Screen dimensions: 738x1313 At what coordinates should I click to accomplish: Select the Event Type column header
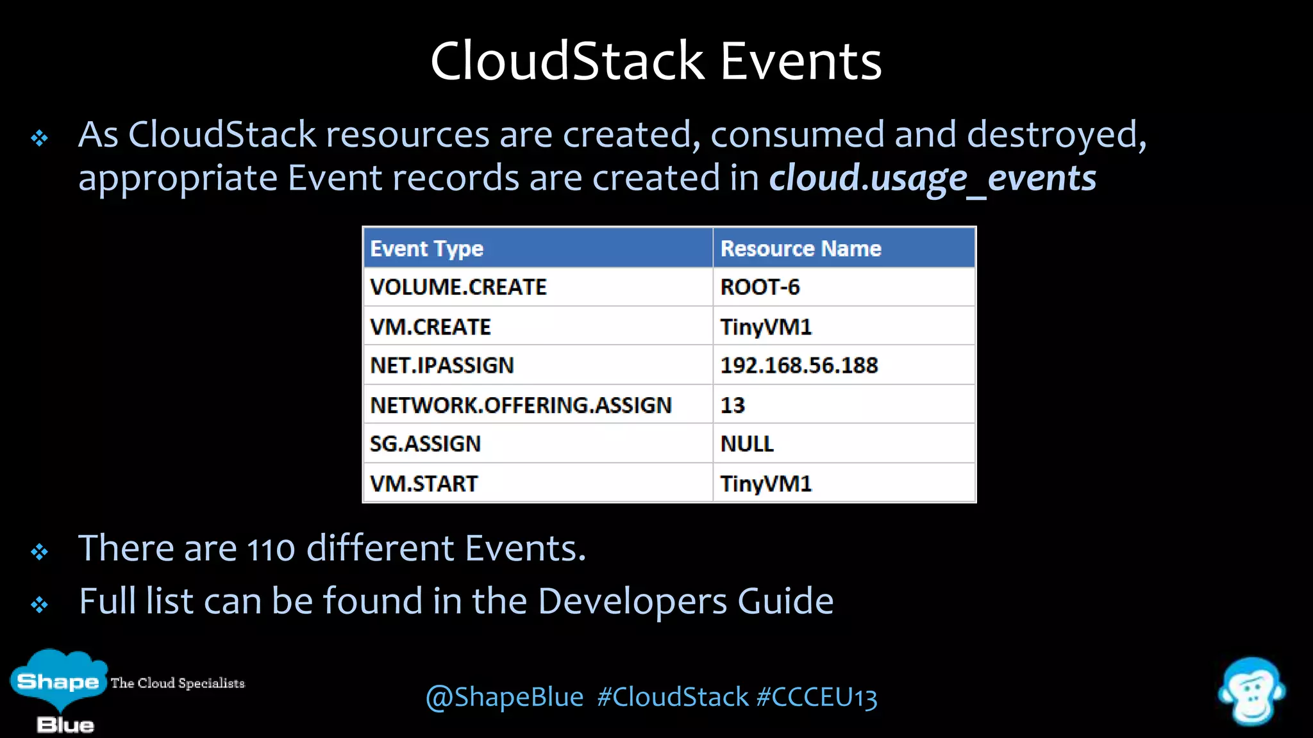427,249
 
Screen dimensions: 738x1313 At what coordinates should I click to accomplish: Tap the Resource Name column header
801,249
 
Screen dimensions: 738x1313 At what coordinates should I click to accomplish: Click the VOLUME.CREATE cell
458,287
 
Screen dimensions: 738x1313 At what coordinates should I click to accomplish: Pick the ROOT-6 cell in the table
760,287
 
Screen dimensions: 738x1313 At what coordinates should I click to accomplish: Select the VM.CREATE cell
430,327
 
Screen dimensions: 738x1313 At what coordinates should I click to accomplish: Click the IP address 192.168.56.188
799,366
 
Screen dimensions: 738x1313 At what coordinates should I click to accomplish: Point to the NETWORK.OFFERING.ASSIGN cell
521,405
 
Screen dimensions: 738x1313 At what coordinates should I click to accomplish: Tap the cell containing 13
733,405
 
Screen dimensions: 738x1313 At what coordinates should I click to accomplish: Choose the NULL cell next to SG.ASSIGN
747,444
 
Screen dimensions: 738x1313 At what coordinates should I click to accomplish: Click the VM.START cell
424,484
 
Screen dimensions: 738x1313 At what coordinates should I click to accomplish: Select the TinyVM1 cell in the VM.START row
766,484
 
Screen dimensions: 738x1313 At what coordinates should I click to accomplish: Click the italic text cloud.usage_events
933,178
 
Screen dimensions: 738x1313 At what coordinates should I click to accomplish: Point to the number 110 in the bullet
271,550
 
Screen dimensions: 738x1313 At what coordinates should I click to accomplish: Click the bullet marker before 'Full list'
40,604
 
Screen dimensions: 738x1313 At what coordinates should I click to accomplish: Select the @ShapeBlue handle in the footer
505,697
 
